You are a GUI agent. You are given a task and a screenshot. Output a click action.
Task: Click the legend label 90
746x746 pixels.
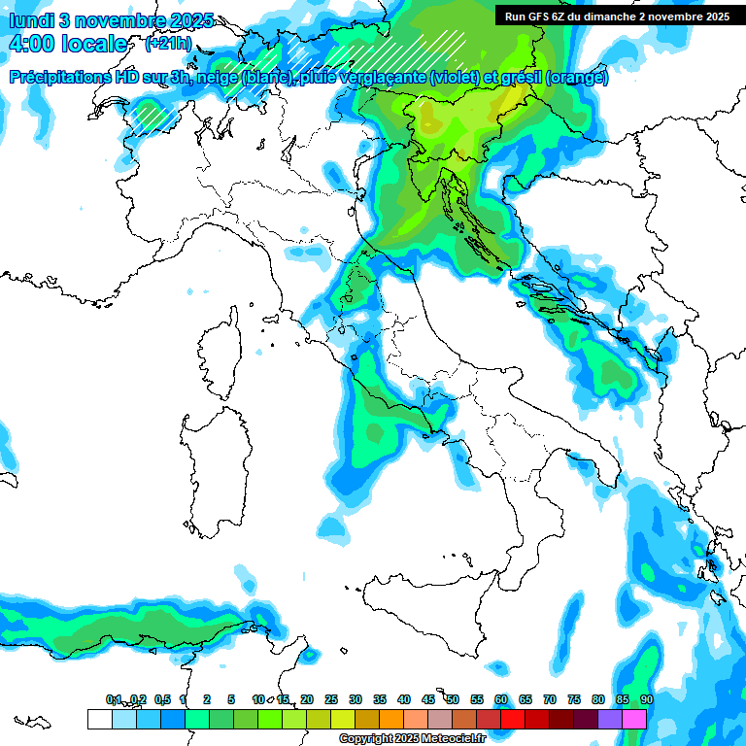[646, 699]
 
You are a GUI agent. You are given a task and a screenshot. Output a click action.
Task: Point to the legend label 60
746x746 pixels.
[501, 699]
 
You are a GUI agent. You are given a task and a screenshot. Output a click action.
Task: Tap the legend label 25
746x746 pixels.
[331, 699]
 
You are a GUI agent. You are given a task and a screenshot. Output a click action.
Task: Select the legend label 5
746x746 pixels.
[231, 699]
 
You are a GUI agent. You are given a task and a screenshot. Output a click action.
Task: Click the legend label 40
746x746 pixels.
[404, 699]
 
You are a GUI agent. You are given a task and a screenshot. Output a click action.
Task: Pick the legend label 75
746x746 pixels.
[574, 699]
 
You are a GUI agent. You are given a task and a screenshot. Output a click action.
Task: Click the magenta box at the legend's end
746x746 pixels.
[634, 719]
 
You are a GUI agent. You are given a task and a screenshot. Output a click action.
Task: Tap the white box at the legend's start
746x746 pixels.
[99, 719]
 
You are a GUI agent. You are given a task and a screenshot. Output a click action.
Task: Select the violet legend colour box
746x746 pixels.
[610, 719]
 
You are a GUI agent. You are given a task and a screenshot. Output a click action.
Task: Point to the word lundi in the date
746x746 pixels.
[30, 20]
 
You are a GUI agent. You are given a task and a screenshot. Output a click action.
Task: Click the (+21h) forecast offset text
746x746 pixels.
[167, 44]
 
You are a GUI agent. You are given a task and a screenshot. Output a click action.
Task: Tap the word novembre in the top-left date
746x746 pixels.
[118, 20]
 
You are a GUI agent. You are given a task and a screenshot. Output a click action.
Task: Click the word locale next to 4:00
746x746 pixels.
[93, 45]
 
